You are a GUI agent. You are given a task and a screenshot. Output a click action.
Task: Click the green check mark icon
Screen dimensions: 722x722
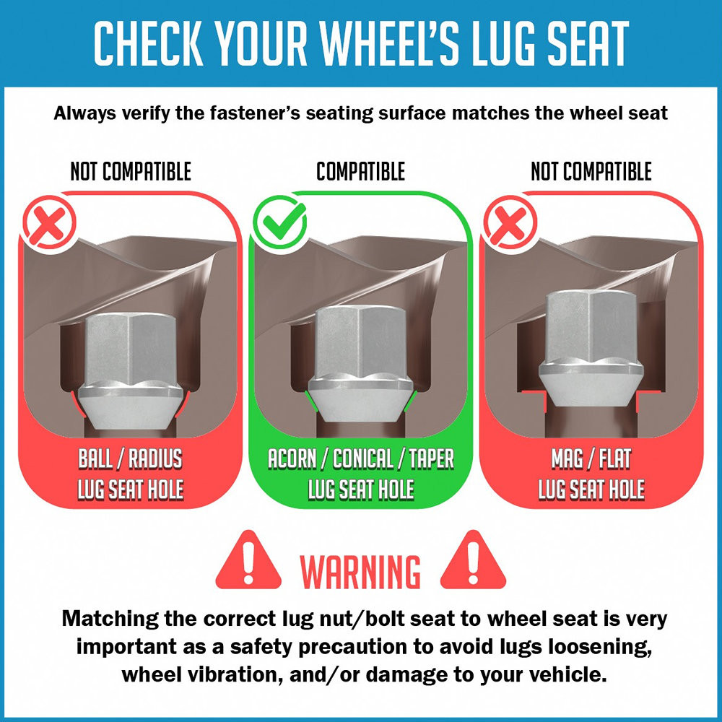pos(279,222)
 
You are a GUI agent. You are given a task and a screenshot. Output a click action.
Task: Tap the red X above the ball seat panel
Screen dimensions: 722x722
pos(49,222)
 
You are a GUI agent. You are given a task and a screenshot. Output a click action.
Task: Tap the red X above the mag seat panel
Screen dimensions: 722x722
pos(510,222)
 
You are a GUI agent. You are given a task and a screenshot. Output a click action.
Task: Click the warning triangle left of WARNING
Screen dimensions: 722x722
pos(248,561)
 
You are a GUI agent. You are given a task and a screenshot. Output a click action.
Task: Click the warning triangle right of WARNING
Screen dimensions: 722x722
pos(473,561)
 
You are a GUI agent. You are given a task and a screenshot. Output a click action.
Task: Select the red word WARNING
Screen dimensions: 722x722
pos(360,572)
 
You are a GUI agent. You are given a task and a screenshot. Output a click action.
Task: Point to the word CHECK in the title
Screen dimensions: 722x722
pos(148,43)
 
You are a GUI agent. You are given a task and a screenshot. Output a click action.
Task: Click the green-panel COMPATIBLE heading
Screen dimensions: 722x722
pos(360,171)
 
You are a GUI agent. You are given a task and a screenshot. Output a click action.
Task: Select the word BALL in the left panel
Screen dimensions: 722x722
pos(95,458)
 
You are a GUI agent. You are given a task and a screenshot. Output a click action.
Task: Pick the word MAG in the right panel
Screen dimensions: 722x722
pos(567,458)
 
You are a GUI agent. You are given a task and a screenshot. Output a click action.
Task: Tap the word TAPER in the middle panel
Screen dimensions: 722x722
pos(432,458)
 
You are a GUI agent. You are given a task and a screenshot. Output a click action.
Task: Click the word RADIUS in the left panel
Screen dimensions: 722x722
pos(155,458)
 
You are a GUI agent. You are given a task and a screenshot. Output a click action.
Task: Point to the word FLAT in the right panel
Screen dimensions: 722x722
pos(614,458)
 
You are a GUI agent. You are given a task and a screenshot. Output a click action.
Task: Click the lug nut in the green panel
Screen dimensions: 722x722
pos(360,364)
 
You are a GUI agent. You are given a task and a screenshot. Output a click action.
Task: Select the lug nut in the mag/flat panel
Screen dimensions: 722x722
pos(591,348)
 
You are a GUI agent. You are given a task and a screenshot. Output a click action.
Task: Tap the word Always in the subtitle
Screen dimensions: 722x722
pos(84,113)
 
